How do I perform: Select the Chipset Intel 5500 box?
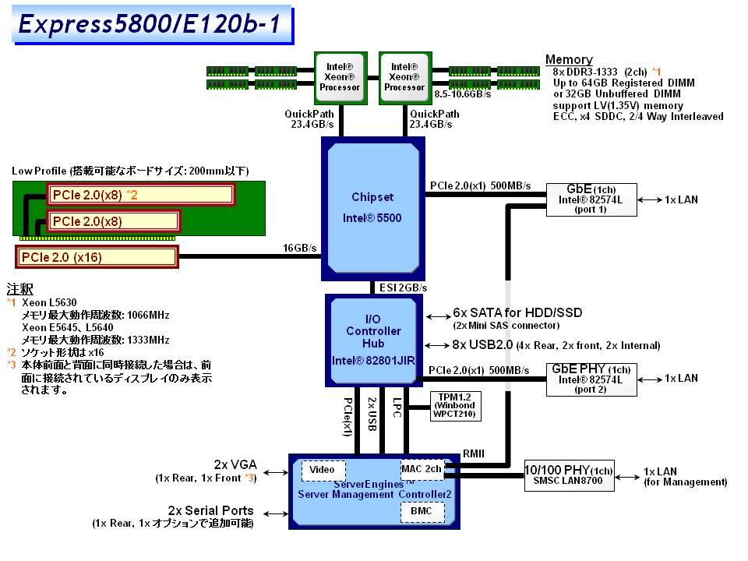(x=372, y=207)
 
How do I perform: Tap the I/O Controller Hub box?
(x=372, y=340)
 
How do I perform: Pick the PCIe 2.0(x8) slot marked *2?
(x=139, y=194)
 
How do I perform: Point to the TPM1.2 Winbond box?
(x=454, y=405)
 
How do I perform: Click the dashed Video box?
(x=323, y=470)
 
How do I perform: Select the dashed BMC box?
(x=422, y=511)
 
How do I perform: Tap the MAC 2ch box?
(x=422, y=469)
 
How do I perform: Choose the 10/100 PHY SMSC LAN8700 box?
(x=569, y=475)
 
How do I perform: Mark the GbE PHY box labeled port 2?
(x=591, y=379)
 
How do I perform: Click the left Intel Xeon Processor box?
(x=340, y=77)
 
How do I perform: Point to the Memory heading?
(x=569, y=60)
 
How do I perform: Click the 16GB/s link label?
(x=300, y=249)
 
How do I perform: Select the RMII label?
(x=475, y=452)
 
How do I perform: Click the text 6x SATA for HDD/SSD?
(x=517, y=312)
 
